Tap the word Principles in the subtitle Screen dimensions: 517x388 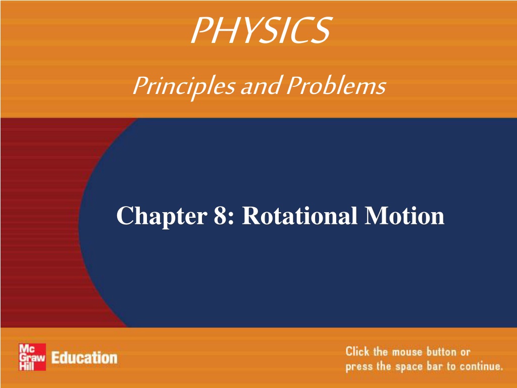pyautogui.click(x=184, y=86)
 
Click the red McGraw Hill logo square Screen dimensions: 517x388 pyautogui.click(x=32, y=357)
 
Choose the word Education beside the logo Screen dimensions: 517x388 pyautogui.click(x=84, y=358)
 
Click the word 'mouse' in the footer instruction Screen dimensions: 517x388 pyautogui.click(x=407, y=352)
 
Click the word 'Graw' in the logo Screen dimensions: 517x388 pyautogui.click(x=32, y=357)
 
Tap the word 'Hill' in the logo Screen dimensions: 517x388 pyautogui.click(x=26, y=365)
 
